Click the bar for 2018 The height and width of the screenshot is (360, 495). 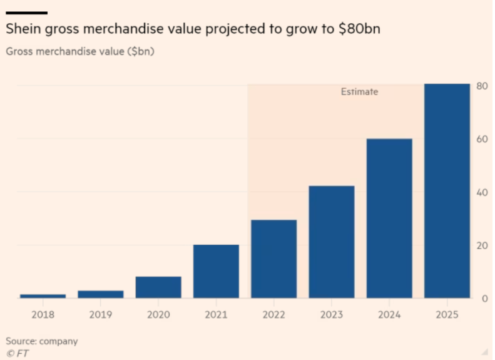click(x=43, y=296)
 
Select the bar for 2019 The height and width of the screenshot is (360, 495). click(x=100, y=294)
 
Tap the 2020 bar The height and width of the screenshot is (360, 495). click(x=158, y=287)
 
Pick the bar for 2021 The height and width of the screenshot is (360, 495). click(x=216, y=271)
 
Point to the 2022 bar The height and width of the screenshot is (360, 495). click(x=273, y=259)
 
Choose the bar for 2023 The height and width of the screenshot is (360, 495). click(x=332, y=242)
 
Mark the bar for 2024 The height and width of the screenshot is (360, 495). click(x=389, y=218)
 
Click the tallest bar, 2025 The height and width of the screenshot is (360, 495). click(x=447, y=191)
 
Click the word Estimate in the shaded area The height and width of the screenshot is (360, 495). click(x=359, y=92)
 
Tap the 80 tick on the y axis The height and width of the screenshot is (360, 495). click(x=481, y=86)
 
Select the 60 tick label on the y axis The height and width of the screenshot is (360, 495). click(x=481, y=139)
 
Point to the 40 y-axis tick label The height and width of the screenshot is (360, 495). click(x=481, y=192)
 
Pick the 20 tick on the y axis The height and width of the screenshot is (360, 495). click(x=481, y=245)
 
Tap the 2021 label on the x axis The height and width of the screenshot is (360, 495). click(x=216, y=315)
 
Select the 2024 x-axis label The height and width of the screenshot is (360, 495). click(x=389, y=315)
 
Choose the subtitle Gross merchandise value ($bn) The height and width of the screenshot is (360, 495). click(x=79, y=51)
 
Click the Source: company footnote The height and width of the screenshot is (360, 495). click(x=42, y=341)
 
